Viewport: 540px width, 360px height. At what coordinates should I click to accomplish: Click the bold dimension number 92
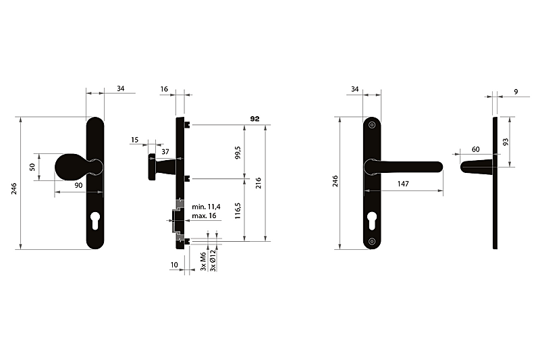(x=254, y=119)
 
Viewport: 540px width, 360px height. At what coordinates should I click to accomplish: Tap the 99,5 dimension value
(x=238, y=152)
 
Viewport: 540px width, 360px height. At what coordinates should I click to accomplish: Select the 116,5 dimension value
(x=238, y=211)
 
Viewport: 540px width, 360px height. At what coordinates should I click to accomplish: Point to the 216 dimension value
(x=259, y=183)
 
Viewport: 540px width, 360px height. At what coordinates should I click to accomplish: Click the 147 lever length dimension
(x=403, y=184)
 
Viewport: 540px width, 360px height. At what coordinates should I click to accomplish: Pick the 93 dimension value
(x=506, y=142)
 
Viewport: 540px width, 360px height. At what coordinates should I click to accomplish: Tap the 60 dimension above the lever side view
(x=475, y=149)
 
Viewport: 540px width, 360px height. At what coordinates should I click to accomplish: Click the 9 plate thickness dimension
(x=516, y=92)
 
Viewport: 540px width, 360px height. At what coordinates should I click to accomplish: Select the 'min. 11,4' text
(x=206, y=207)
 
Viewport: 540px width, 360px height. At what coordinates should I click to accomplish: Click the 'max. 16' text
(x=204, y=215)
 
